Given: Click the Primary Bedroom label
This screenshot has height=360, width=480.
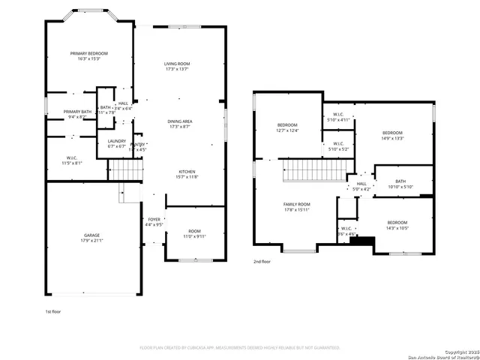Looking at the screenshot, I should [89, 56].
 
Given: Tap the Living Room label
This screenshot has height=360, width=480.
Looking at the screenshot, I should [177, 67].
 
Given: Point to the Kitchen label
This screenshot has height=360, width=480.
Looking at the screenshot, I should [187, 173].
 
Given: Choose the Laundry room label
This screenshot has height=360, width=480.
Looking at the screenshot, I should [116, 143].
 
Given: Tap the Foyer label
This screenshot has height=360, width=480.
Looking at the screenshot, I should [154, 221].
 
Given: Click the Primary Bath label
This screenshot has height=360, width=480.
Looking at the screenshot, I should [76, 114].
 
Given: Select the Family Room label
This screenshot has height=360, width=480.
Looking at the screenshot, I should [296, 207].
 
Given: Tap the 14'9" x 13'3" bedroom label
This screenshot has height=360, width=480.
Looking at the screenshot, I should [392, 135].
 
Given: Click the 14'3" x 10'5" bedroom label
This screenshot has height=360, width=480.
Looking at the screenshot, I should [397, 225].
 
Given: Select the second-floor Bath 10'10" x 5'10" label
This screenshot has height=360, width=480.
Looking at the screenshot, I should [400, 184].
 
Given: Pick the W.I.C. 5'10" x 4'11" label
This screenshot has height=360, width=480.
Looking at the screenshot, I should [338, 117].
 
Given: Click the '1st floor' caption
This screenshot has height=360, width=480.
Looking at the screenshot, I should [54, 310].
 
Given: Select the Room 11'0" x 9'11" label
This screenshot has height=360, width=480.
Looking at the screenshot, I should [194, 233].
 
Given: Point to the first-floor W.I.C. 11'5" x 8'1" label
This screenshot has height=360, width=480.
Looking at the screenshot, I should [72, 160].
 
